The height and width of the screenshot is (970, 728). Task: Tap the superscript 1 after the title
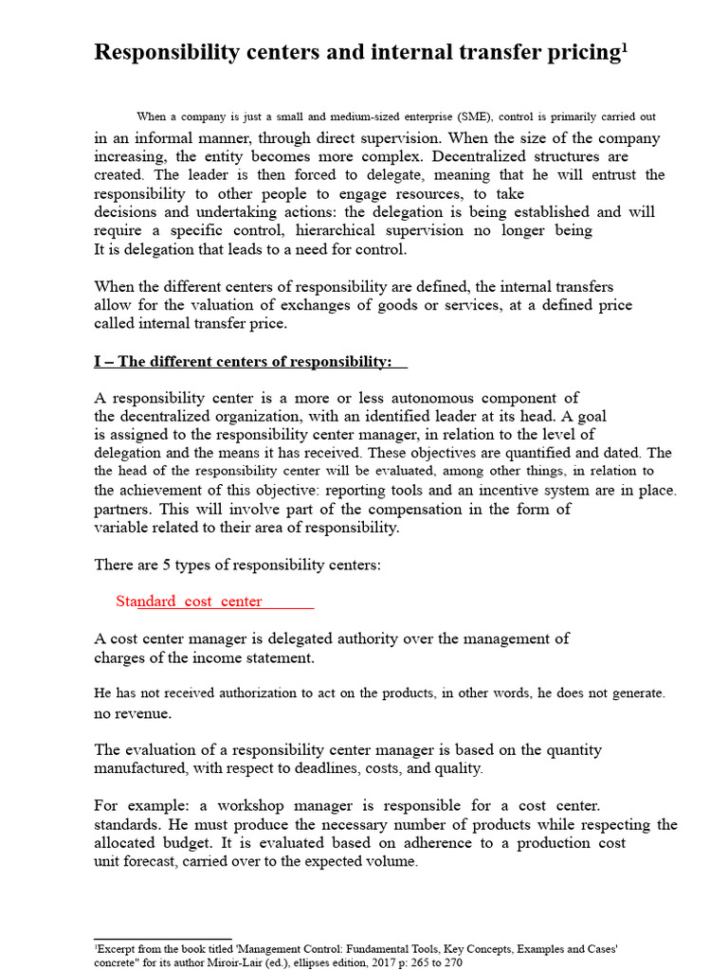click(x=625, y=46)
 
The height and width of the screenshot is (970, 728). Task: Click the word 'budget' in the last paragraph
click(x=186, y=843)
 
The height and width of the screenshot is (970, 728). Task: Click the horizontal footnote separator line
click(x=162, y=939)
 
